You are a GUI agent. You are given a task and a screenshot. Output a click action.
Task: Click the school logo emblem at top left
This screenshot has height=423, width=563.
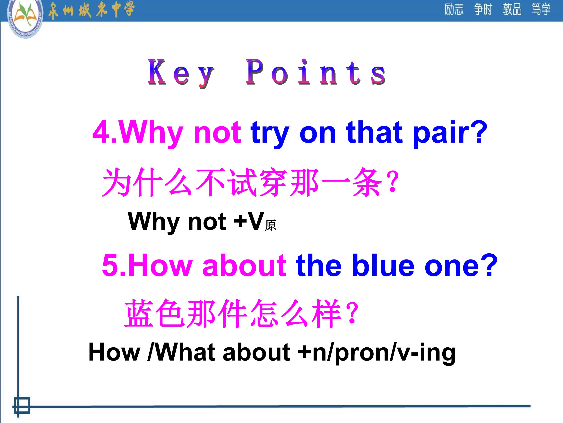pos(25,18)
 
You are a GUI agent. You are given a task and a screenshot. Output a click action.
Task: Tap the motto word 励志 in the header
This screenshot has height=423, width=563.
pos(454,9)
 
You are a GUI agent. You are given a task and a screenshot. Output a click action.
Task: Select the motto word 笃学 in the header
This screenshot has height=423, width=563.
pos(541,9)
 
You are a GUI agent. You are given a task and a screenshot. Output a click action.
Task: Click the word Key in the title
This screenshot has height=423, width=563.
pos(181,73)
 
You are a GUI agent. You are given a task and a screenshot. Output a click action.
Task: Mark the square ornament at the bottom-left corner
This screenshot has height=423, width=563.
pos(22,405)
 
